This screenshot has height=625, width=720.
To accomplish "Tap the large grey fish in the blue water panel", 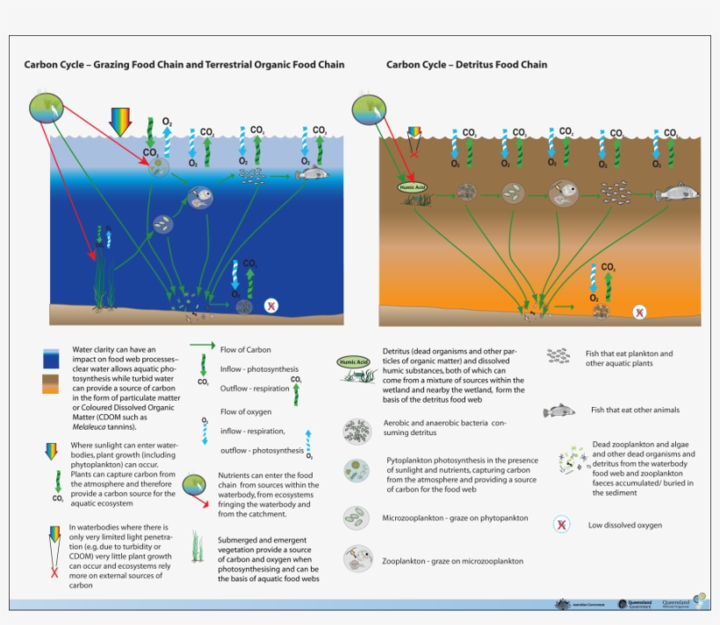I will (x=312, y=173).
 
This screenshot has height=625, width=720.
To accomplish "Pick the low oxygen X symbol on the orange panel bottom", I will (x=640, y=311).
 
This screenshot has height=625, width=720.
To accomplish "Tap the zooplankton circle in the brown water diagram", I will (x=562, y=191).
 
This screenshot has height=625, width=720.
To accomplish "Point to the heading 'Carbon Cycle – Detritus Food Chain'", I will (x=466, y=65).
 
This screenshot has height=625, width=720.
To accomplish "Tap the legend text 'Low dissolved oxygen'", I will (x=625, y=526).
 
